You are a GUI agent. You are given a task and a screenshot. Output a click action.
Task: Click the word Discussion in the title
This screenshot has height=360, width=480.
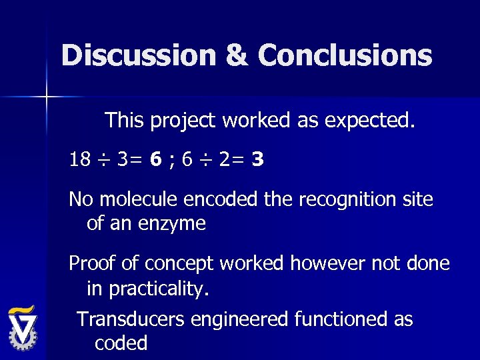coord(136,55)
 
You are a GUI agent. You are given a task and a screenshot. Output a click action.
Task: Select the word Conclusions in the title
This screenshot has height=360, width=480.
coord(345,55)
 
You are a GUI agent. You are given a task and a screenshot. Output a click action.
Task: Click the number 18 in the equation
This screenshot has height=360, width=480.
coord(79,160)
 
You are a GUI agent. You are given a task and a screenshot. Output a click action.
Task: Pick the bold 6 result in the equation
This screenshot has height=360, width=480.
coord(154,160)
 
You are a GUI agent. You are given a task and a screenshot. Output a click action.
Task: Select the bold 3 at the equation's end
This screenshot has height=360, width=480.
coord(258,160)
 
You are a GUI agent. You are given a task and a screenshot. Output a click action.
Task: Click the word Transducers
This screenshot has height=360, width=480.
coord(131,319)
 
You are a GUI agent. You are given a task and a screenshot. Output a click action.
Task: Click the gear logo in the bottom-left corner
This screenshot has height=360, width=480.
coord(23,328)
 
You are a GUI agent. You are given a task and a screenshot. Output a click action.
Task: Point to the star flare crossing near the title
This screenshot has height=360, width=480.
coord(46,97)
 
